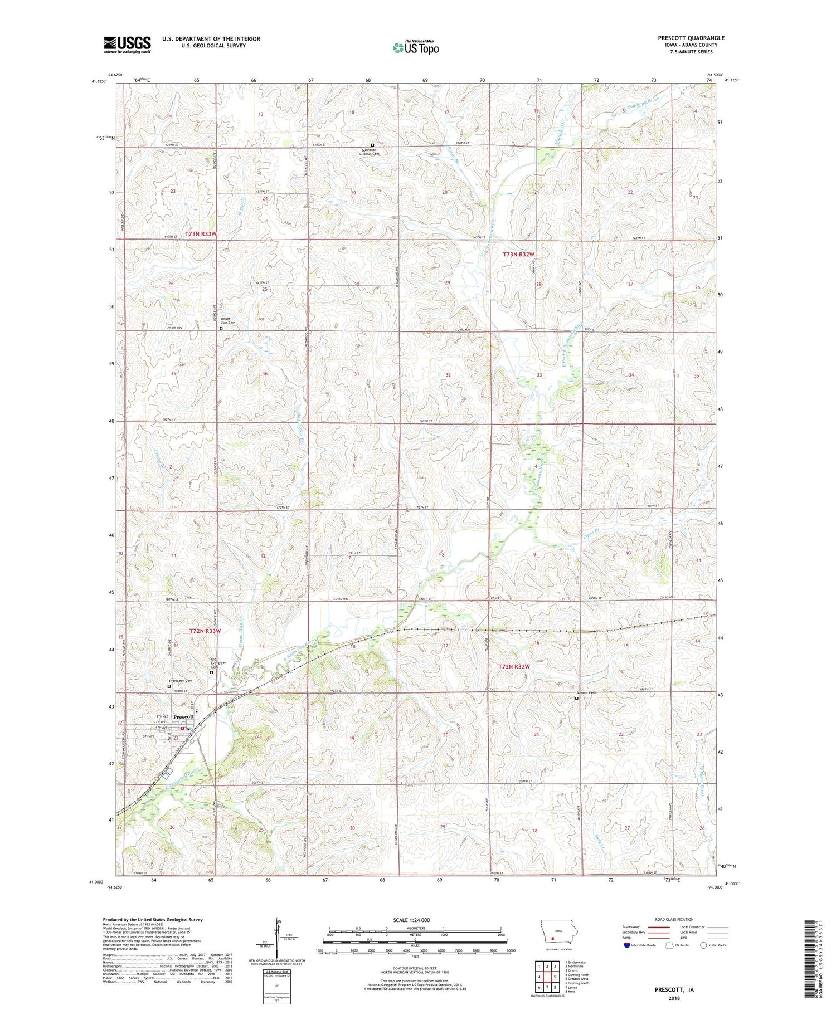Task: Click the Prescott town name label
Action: click(x=183, y=716)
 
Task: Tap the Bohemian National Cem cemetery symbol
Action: click(x=372, y=145)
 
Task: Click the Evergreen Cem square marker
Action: click(x=170, y=686)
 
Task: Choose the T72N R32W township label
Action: click(x=513, y=666)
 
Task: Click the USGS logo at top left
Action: click(x=127, y=45)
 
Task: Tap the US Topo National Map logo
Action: click(x=415, y=48)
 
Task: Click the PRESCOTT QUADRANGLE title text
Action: click(x=691, y=38)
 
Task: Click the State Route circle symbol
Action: click(x=703, y=945)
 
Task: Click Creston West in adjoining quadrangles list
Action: click(x=577, y=978)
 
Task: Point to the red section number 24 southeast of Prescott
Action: click(x=257, y=736)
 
